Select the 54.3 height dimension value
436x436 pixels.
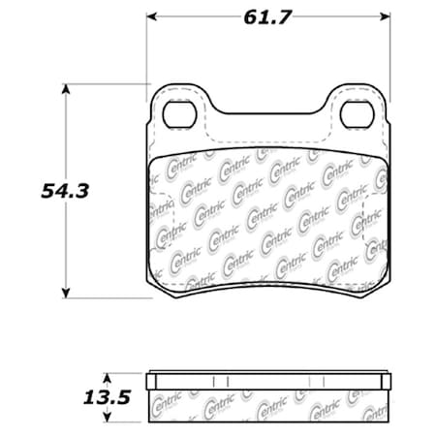65,190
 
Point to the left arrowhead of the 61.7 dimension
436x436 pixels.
153,16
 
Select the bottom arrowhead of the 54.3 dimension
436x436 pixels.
66,293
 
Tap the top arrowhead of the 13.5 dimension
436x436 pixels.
109,376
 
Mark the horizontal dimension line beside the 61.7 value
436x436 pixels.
194,16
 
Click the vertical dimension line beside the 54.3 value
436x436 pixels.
66,242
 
